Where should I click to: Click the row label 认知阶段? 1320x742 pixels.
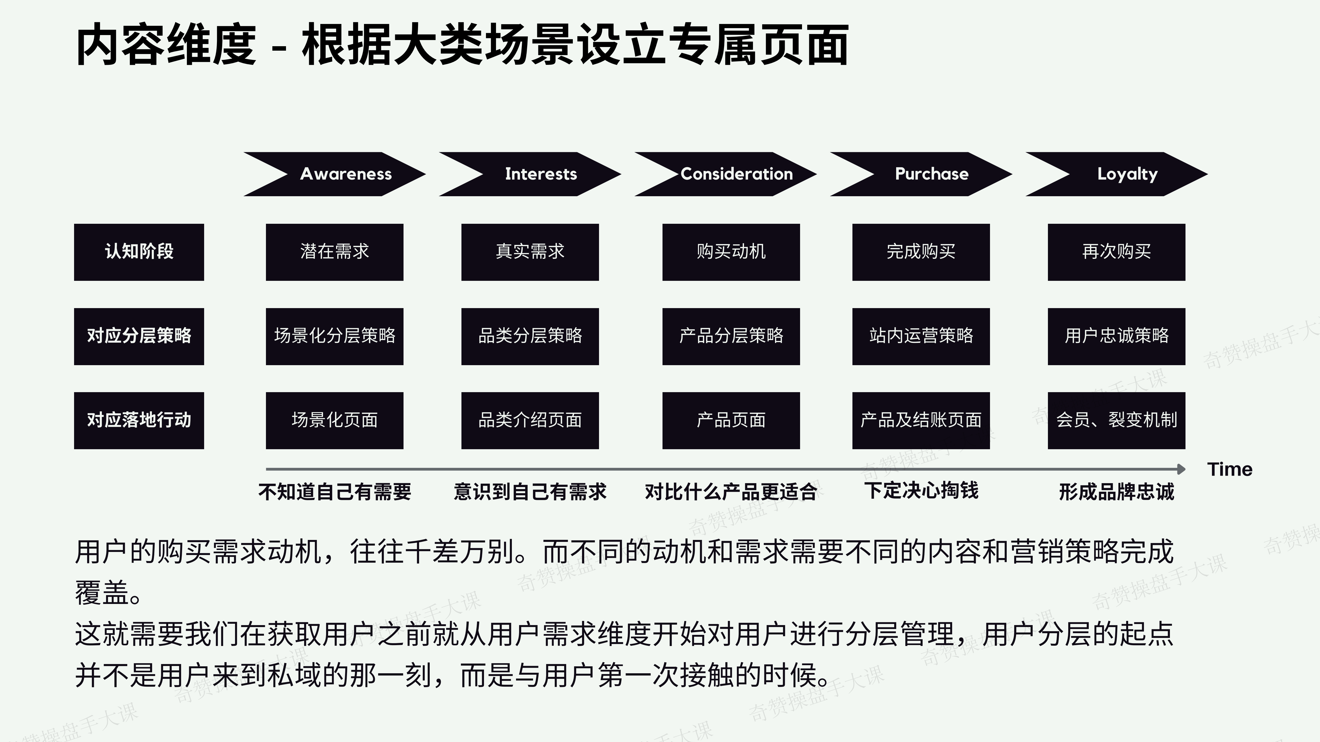tap(139, 252)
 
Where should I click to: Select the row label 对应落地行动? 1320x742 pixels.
tap(139, 421)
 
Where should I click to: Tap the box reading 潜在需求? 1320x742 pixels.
tap(335, 252)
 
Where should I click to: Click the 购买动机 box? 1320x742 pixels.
tap(731, 252)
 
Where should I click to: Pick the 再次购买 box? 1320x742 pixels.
tap(1116, 252)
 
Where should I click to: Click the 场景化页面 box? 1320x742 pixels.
tap(335, 421)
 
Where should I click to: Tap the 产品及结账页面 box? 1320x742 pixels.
tap(921, 421)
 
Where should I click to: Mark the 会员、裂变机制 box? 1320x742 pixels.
tap(1116, 421)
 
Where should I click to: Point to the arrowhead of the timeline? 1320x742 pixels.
tap(1181, 469)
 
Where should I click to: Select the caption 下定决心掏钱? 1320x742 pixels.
tap(921, 491)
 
